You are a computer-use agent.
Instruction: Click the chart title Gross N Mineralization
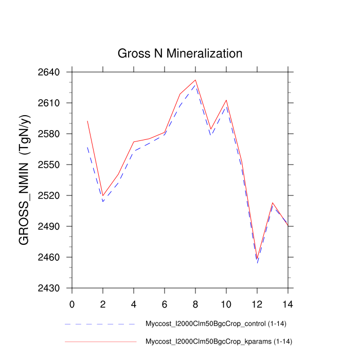click(179, 53)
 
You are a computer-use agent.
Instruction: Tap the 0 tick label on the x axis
click(72, 303)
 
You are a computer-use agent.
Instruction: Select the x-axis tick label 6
click(165, 303)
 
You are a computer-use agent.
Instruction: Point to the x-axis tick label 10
click(226, 303)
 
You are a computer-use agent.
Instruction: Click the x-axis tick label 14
click(288, 303)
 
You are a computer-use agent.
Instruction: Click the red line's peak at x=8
click(195, 80)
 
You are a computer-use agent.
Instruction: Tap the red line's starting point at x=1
click(87, 121)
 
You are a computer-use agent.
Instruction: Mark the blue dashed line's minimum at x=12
click(257, 263)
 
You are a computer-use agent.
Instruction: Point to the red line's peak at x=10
click(226, 100)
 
